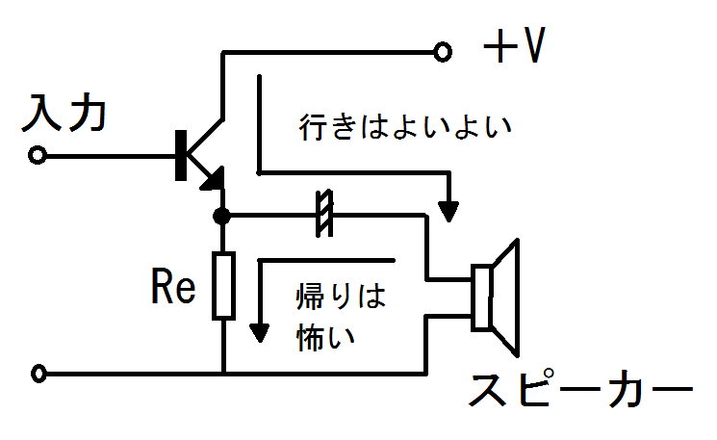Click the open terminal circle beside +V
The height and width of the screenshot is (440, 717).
pos(443,51)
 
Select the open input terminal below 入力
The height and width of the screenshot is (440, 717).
pos(38,154)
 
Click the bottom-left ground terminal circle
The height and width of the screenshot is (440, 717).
pos(38,373)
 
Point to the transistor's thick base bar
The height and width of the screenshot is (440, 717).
pos(180,154)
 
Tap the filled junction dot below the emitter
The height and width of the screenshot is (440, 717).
pos(222,216)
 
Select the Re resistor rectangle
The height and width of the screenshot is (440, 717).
pos(223,285)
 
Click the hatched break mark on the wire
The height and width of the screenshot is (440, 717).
pos(324,215)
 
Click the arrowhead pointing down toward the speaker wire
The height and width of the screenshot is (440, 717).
pos(448,208)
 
